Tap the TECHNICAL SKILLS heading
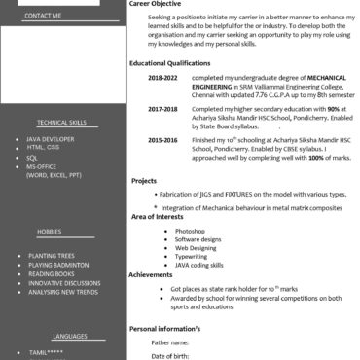[x=61, y=124]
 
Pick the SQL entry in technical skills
[x=32, y=157]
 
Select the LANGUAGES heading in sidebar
[x=70, y=334]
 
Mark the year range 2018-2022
[x=162, y=77]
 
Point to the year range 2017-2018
[x=162, y=110]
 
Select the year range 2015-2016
[x=162, y=141]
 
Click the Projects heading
[x=144, y=181]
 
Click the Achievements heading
[x=151, y=275]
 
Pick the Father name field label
[x=169, y=342]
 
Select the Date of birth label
[x=170, y=356]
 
